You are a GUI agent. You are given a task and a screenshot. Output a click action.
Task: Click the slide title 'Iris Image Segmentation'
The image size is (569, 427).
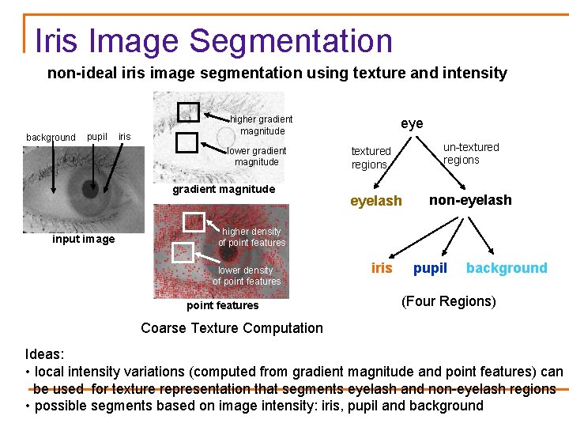tap(213, 41)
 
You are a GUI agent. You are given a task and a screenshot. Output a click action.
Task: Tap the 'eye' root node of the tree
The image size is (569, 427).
tap(412, 123)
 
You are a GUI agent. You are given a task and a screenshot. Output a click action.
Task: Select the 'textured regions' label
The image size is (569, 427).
tap(371, 157)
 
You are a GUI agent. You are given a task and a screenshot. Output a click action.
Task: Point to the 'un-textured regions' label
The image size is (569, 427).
tap(470, 153)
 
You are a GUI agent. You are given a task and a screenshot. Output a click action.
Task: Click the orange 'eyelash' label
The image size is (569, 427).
tap(375, 201)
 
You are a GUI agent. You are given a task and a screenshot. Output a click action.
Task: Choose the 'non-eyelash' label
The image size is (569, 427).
tap(470, 200)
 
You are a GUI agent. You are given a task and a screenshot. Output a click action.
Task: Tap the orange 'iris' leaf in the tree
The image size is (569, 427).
tap(382, 268)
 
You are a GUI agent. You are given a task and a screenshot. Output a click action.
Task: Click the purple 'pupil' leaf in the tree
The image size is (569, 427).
tap(430, 268)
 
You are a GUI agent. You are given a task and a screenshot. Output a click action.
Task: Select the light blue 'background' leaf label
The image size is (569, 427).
tap(507, 268)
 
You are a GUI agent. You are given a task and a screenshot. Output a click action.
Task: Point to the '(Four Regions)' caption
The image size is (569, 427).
tap(448, 301)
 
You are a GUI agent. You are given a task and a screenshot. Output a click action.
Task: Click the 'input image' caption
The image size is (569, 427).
tap(83, 239)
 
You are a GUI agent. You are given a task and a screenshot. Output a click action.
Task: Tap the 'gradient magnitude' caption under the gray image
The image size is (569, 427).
tap(224, 189)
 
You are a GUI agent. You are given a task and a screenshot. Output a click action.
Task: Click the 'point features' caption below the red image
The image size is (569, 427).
tap(222, 305)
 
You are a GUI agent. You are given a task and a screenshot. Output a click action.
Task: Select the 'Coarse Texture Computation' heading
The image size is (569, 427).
tap(232, 328)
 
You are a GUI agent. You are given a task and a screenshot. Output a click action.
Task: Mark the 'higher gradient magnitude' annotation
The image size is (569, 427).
tap(262, 125)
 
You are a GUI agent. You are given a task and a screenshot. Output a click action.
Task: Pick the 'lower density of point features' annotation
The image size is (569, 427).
tap(247, 276)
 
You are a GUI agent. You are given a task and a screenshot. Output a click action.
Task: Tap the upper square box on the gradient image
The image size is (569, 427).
tap(188, 112)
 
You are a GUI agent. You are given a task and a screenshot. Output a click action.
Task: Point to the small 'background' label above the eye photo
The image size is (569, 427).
tap(51, 138)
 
